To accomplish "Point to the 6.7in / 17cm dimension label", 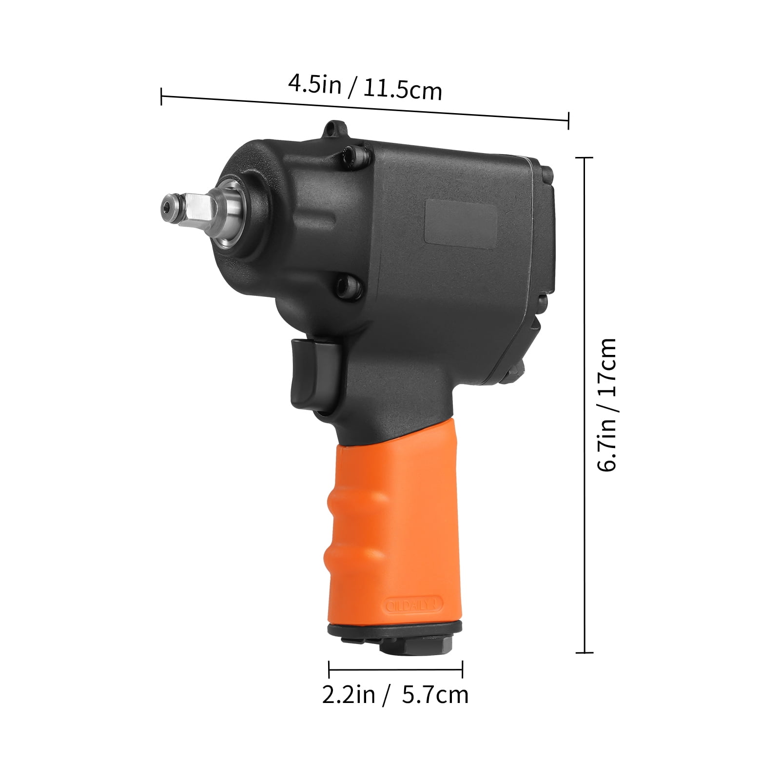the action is (607, 405).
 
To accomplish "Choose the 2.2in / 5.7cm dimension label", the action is (395, 694).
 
